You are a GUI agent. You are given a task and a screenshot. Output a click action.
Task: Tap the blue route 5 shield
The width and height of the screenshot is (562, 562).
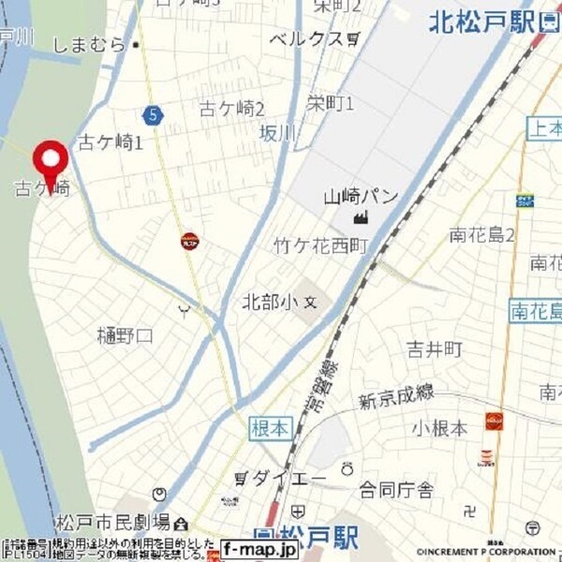[x=153, y=114]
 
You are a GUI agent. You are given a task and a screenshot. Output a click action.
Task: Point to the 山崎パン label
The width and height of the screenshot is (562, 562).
[x=361, y=197]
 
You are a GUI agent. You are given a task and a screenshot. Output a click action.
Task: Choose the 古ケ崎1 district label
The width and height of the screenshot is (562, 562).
[x=110, y=143]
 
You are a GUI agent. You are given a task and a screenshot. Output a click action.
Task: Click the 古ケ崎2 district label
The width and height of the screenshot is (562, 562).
[x=233, y=109]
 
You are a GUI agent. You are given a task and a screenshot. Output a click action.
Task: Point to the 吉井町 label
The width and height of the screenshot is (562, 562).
[x=435, y=349]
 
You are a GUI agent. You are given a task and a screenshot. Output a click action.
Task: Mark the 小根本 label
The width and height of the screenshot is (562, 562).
[x=439, y=428]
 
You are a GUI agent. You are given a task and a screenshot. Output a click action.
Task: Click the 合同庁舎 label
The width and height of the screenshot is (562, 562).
[x=396, y=489]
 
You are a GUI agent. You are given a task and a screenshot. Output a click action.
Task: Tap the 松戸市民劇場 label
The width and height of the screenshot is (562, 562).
[x=112, y=522]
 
